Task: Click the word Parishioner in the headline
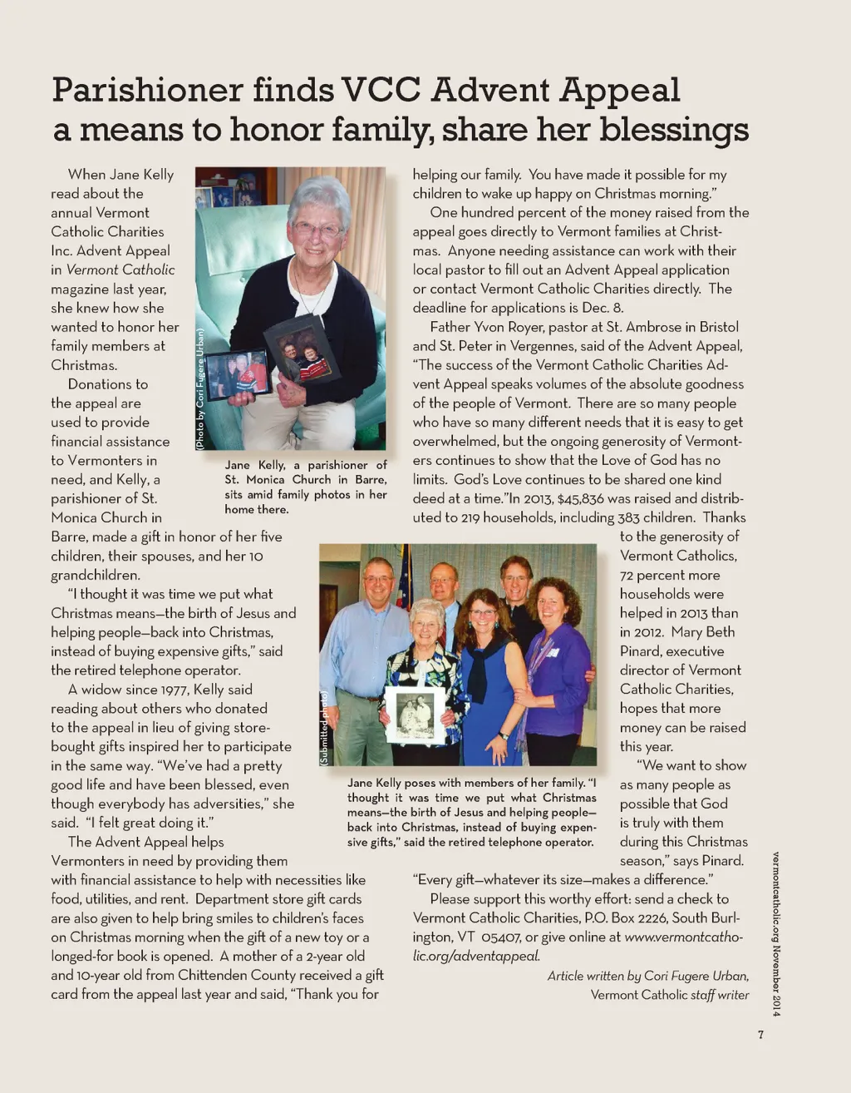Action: [147, 90]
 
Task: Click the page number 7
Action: [760, 1036]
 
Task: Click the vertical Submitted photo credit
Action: [324, 728]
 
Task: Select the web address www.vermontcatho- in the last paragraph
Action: [683, 937]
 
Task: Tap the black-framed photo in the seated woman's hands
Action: [301, 349]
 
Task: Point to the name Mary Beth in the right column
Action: [703, 632]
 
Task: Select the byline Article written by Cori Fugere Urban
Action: [647, 976]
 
